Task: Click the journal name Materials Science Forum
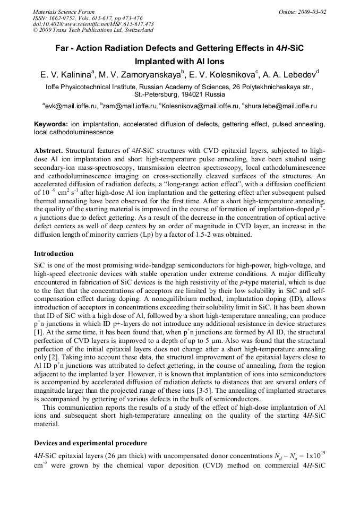pos(64,12)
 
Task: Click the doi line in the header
pos(93,24)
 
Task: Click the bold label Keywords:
pos(51,124)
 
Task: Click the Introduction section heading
pos(54,254)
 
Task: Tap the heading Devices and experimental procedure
pos(90,443)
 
